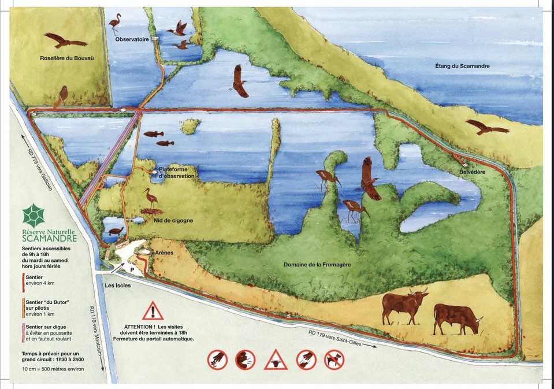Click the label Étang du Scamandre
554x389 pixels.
462,66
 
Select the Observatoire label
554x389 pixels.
132,39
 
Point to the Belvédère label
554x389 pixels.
472,173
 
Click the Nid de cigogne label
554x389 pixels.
173,220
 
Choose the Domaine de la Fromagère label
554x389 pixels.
317,265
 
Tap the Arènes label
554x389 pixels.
165,253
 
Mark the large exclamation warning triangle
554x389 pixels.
153,312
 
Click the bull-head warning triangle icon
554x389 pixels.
276,361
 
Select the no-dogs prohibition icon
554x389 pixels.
334,360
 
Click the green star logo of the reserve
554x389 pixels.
33,216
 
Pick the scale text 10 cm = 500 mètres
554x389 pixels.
49,369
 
